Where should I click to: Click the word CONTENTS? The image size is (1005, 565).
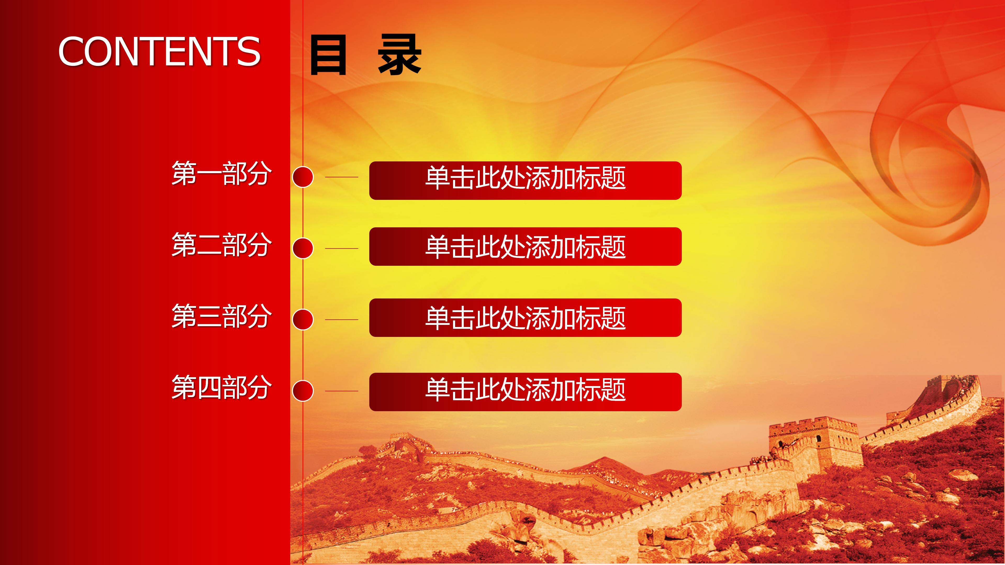(159, 52)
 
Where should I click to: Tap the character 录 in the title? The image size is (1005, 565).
(399, 55)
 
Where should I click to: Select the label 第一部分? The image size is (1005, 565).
(221, 173)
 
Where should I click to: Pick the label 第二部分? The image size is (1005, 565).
(221, 245)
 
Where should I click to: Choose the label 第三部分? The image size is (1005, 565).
(221, 316)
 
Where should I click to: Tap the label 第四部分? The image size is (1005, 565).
(221, 388)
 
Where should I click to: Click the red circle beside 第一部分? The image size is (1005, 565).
(303, 177)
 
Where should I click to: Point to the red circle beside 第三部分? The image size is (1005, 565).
(303, 320)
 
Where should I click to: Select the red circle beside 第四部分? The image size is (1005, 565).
(303, 391)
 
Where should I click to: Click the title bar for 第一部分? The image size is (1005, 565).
(525, 180)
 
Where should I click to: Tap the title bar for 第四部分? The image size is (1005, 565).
(525, 392)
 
